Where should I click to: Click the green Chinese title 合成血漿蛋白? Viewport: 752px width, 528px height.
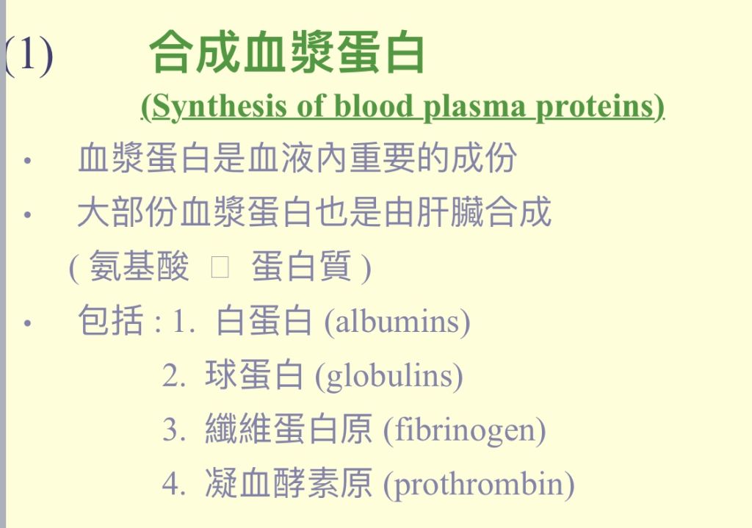pyautogui.click(x=287, y=51)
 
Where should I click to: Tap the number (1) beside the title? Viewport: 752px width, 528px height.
pyautogui.click(x=29, y=56)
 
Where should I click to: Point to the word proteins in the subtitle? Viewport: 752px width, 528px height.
pyautogui.click(x=595, y=107)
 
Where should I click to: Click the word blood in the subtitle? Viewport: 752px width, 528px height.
pyautogui.click(x=373, y=106)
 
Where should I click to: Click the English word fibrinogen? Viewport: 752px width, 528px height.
pyautogui.click(x=465, y=430)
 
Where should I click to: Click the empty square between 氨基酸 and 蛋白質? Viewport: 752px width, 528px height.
pyautogui.click(x=220, y=267)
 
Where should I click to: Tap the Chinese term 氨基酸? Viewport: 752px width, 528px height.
pyautogui.click(x=139, y=266)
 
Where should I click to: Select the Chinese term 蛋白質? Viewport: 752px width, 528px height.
pyautogui.click(x=301, y=266)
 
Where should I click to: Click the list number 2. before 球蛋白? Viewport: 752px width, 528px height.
pyautogui.click(x=173, y=375)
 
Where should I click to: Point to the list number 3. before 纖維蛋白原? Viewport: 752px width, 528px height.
pyautogui.click(x=173, y=430)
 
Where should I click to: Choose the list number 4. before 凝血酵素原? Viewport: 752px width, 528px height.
pyautogui.click(x=173, y=484)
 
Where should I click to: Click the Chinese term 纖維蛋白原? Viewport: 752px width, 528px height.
pyautogui.click(x=289, y=429)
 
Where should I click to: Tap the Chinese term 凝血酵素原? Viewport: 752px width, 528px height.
pyautogui.click(x=289, y=483)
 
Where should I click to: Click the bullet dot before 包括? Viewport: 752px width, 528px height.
pyautogui.click(x=27, y=323)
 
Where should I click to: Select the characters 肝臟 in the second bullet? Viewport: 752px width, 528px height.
pyautogui.click(x=450, y=211)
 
